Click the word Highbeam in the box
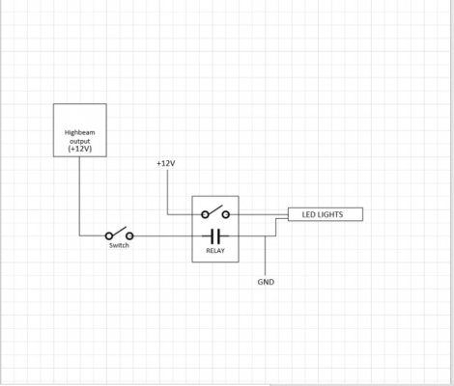click(x=79, y=132)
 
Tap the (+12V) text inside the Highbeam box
click(x=80, y=149)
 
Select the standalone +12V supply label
click(x=166, y=163)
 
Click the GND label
click(x=266, y=282)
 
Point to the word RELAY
click(x=215, y=251)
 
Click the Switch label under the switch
click(x=119, y=245)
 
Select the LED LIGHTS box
click(x=326, y=214)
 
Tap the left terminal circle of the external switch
click(x=109, y=236)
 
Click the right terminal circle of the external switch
click(x=129, y=236)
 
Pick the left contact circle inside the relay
click(x=205, y=214)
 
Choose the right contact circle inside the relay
click(x=226, y=214)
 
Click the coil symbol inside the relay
click(x=215, y=236)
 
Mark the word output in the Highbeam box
click(x=80, y=141)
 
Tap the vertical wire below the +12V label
click(x=167, y=192)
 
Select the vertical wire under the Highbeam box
click(x=79, y=196)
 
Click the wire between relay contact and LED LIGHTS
click(x=259, y=214)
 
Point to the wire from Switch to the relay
click(x=162, y=236)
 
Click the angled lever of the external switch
click(x=118, y=232)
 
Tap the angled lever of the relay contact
click(x=214, y=209)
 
